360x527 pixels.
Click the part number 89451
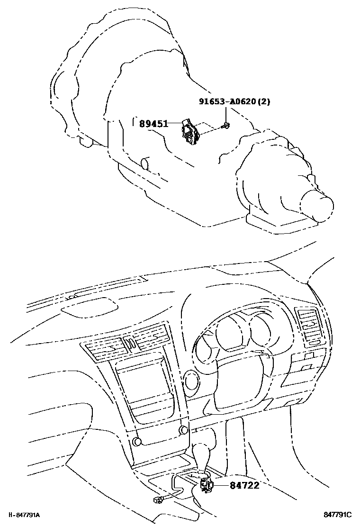153,124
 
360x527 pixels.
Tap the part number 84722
245,485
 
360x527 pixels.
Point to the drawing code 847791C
338,515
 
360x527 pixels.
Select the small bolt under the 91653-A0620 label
227,126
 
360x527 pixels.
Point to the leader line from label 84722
222,485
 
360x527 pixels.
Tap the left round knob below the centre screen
137,442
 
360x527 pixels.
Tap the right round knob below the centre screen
182,430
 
